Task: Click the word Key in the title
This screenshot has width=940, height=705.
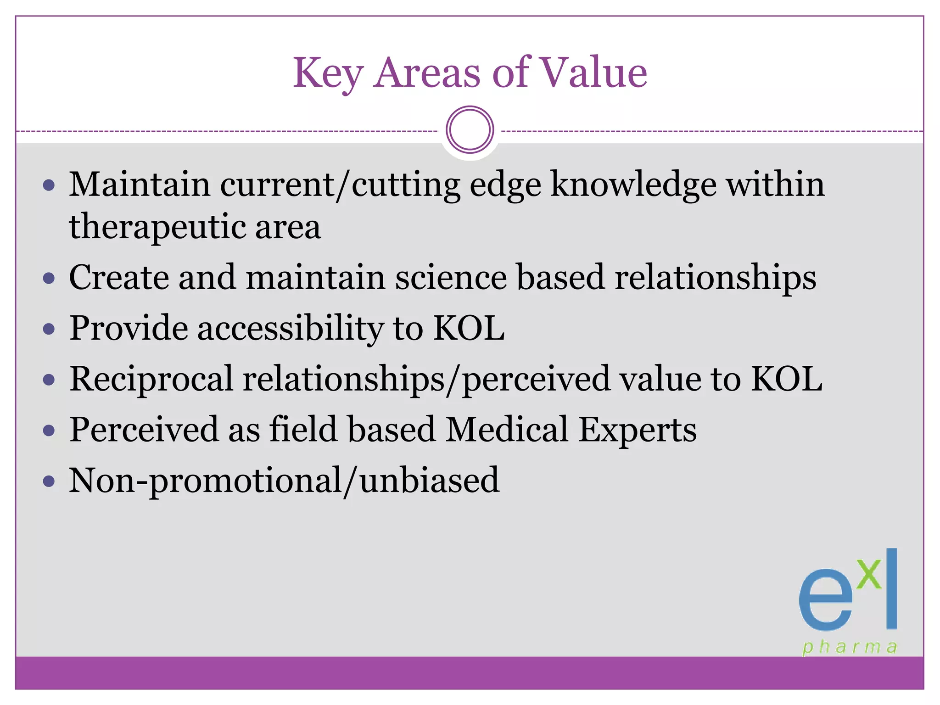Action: (328, 73)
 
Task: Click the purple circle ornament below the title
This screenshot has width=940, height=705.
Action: (470, 130)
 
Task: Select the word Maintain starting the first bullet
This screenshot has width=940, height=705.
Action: (140, 184)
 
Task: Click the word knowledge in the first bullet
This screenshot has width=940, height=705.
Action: (633, 185)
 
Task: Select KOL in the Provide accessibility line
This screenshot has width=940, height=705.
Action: (469, 328)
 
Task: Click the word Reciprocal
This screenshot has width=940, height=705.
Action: (151, 380)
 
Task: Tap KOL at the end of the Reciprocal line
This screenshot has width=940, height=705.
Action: (786, 379)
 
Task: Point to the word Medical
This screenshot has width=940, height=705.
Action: (507, 430)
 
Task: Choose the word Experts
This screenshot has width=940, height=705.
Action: (637, 431)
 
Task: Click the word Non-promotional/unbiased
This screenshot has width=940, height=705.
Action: (284, 481)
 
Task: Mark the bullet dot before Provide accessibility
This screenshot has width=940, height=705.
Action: (49, 329)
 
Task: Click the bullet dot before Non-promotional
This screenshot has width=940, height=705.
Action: (49, 481)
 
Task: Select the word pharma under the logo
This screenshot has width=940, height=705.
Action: (850, 647)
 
